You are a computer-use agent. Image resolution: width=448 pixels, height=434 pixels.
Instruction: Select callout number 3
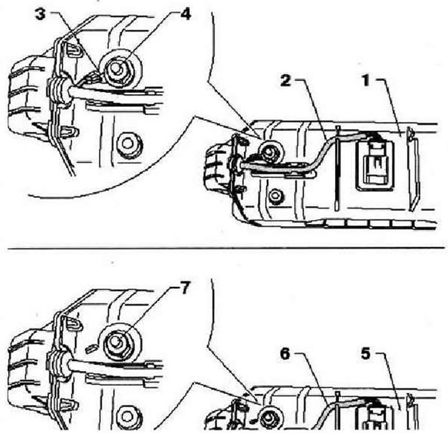tap(40, 15)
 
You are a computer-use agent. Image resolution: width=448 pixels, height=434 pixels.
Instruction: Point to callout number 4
tap(186, 15)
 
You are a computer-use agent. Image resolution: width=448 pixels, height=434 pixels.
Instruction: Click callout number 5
tap(366, 354)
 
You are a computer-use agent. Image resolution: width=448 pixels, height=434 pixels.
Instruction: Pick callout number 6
tap(285, 354)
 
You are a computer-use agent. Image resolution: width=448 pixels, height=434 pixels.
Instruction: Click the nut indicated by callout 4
tap(118, 70)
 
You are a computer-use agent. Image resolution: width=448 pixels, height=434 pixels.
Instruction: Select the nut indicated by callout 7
tap(117, 342)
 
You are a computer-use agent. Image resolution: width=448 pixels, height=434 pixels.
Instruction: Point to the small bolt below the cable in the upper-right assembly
tap(275, 197)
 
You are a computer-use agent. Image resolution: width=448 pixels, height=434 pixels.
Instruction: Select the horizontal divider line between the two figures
tap(226, 248)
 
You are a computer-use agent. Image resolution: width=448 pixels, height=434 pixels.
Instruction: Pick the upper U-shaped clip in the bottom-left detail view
tap(72, 322)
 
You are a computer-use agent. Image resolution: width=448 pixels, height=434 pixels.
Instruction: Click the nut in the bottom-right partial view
tap(268, 419)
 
